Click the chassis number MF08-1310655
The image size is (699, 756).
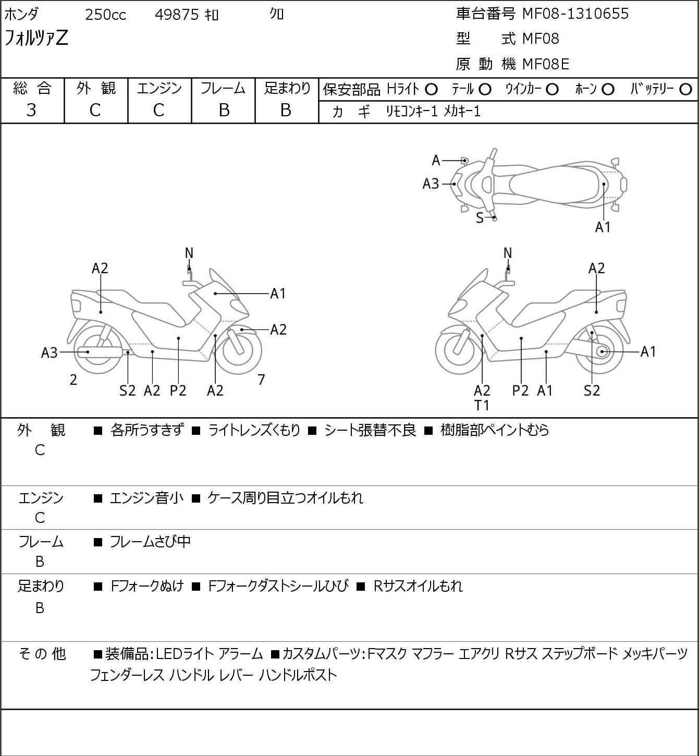tap(575, 14)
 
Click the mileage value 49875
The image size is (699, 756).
tap(177, 15)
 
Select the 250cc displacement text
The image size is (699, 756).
tap(105, 15)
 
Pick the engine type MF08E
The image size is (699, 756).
tap(546, 64)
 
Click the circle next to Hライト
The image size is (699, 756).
tap(431, 90)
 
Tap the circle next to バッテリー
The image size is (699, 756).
tap(685, 90)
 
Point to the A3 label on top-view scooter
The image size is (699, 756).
tap(431, 184)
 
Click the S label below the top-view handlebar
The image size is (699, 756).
tap(480, 218)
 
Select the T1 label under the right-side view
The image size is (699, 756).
tap(482, 406)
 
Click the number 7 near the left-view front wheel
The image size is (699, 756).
tap(261, 380)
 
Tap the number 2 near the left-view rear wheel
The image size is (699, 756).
tap(73, 380)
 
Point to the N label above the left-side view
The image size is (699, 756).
tap(189, 253)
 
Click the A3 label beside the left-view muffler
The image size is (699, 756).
tap(49, 353)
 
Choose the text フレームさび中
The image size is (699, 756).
tap(150, 541)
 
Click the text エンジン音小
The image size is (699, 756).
tap(146, 497)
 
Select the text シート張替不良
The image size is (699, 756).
tap(370, 430)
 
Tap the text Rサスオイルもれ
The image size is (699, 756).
tap(418, 586)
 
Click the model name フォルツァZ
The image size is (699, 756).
tap(36, 38)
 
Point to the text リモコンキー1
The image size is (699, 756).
tap(412, 112)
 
